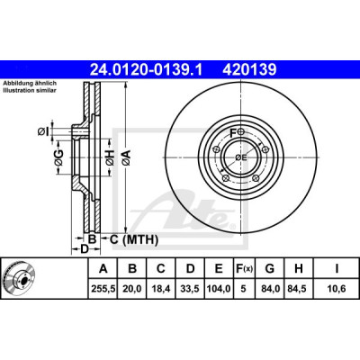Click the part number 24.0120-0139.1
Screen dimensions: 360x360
pyautogui.click(x=147, y=69)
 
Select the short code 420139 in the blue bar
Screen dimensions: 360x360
pyautogui.click(x=249, y=69)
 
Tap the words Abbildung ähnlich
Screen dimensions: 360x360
pyautogui.click(x=30, y=84)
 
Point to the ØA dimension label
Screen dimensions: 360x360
pyautogui.click(x=126, y=157)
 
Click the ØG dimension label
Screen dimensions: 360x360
pyautogui.click(x=59, y=157)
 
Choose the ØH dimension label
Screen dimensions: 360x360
pyautogui.click(x=110, y=157)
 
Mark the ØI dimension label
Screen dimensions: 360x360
pyautogui.click(x=43, y=131)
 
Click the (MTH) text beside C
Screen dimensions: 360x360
pyautogui.click(x=140, y=239)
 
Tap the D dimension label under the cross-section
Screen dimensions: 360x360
pyautogui.click(x=85, y=248)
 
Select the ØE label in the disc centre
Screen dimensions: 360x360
pyautogui.click(x=241, y=157)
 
